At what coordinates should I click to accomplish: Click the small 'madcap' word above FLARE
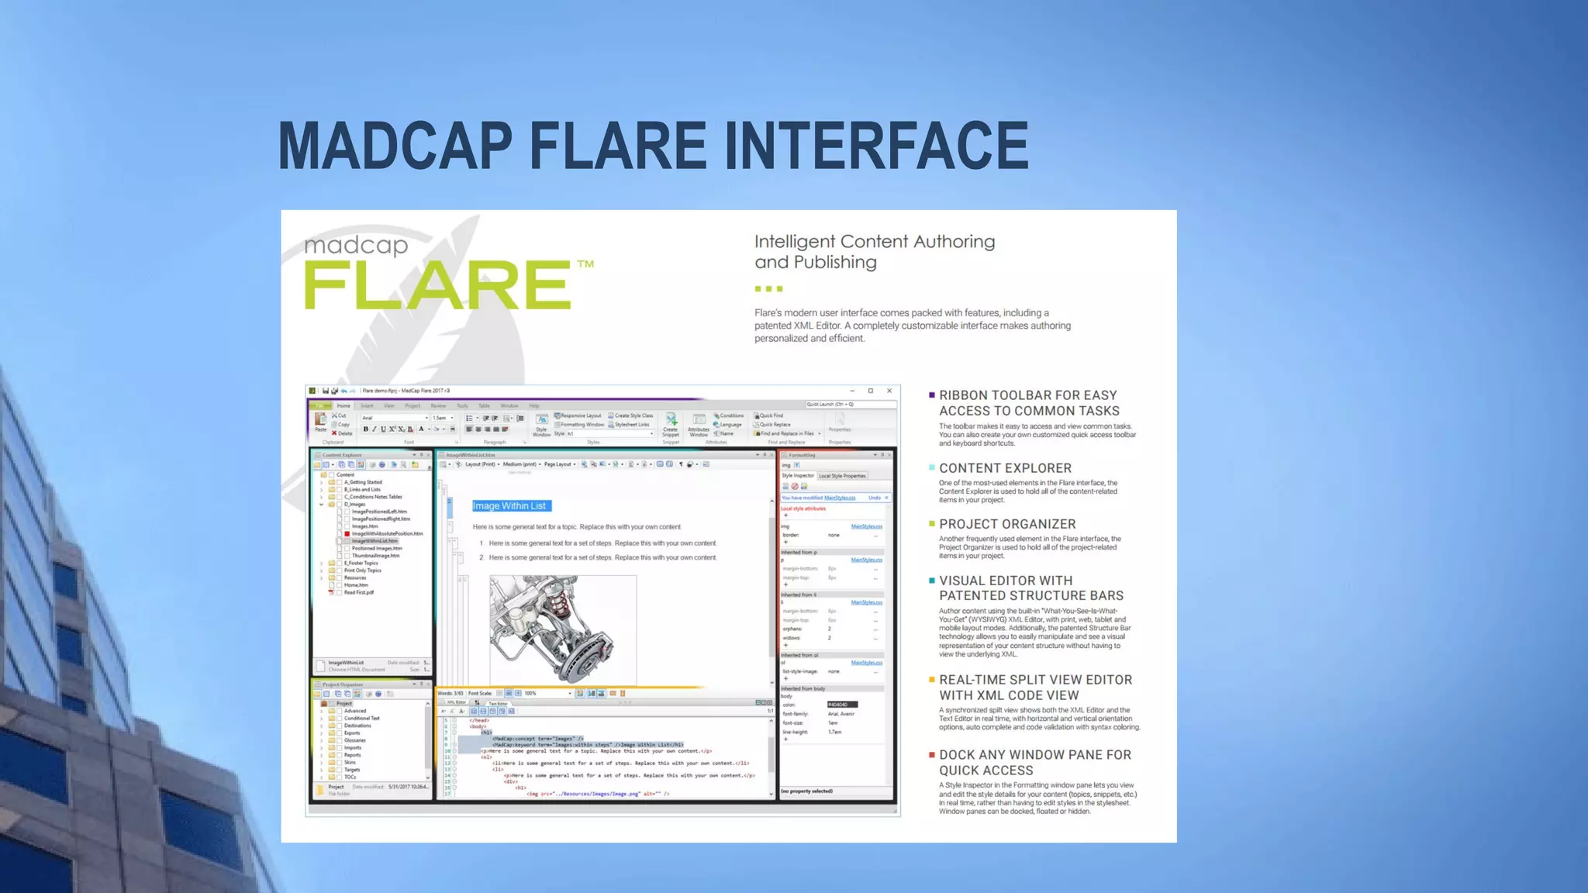[356, 246]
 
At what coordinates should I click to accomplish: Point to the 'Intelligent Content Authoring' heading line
[875, 242]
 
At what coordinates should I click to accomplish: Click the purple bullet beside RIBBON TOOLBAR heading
[931, 395]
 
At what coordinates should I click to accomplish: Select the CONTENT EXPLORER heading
[1005, 468]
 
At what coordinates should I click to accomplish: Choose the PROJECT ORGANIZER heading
[1007, 524]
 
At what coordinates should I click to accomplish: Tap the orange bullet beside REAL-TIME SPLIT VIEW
[931, 680]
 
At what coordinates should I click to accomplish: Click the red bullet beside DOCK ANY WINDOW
[931, 754]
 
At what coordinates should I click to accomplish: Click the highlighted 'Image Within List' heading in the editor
[510, 506]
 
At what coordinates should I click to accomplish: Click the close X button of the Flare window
[889, 391]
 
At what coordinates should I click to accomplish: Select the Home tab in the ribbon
[343, 405]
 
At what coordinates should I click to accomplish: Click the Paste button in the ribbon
[320, 422]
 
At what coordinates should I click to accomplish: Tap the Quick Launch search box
[851, 405]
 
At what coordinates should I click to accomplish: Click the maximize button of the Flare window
[870, 391]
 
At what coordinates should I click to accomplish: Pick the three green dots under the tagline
[768, 289]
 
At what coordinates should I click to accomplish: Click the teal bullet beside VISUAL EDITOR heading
[931, 581]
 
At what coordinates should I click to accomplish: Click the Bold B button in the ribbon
[366, 429]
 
